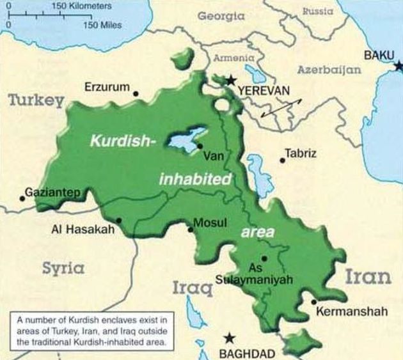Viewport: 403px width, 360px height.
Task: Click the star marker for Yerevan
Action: coord(230,80)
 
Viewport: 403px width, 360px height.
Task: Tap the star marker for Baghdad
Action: coord(230,338)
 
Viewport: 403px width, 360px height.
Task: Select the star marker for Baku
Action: coord(398,65)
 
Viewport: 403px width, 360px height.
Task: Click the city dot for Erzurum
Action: coord(136,93)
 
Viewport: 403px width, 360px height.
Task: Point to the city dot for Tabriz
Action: coord(281,160)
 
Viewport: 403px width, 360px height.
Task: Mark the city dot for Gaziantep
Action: coord(22,198)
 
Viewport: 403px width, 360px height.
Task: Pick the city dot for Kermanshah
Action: coord(313,302)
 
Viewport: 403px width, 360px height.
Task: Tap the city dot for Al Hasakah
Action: coord(118,221)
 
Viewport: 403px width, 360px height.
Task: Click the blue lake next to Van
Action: coord(186,138)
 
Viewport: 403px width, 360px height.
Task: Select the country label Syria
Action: coord(63,268)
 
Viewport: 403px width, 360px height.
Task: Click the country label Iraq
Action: coord(192,289)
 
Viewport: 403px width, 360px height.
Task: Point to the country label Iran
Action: coord(368,277)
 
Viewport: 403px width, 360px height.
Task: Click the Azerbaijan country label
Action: coord(329,70)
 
